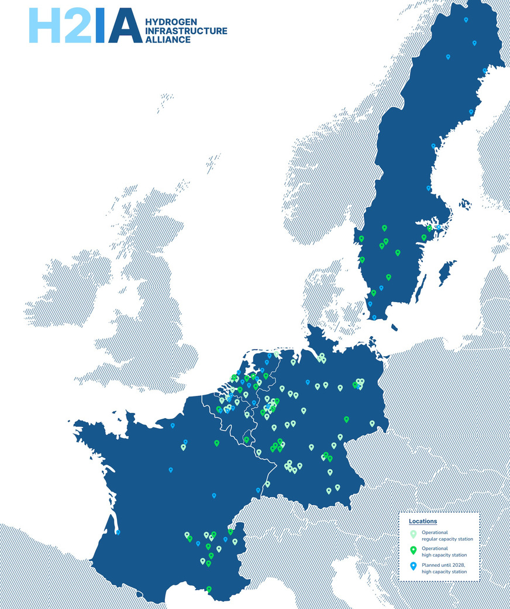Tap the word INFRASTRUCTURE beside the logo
(x=186, y=30)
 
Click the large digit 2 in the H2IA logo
(x=77, y=26)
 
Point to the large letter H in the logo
(x=46, y=26)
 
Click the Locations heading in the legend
(x=423, y=521)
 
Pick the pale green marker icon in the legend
(x=413, y=534)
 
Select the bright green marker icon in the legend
(x=413, y=550)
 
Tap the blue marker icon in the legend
(x=413, y=566)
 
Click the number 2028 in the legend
(x=457, y=564)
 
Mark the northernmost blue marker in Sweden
(x=466, y=20)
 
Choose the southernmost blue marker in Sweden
(x=374, y=317)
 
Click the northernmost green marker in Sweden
(x=384, y=228)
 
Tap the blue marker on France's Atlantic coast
(x=118, y=532)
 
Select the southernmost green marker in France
(x=209, y=589)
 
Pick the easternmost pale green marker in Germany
(x=372, y=423)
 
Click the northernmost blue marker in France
(x=173, y=425)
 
